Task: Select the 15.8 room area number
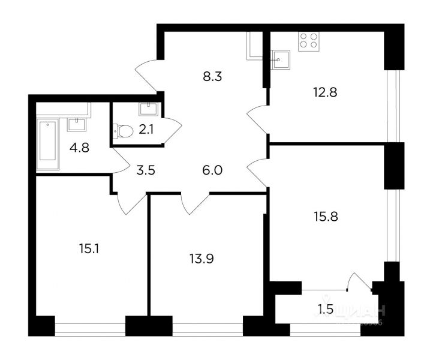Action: tap(325, 217)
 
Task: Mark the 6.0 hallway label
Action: tap(213, 170)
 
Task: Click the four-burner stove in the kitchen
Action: tap(309, 40)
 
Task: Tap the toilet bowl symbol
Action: tap(122, 130)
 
